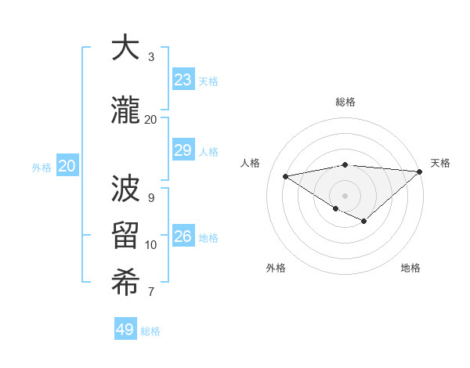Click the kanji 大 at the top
tap(125, 49)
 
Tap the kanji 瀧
tap(125, 110)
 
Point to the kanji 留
tap(125, 237)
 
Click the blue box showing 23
tap(183, 80)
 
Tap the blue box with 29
tap(183, 151)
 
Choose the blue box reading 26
tap(183, 236)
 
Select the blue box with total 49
tap(125, 330)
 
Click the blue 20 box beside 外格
tap(67, 166)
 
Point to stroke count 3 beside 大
tap(151, 57)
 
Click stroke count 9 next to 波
tap(151, 197)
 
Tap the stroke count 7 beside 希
tap(151, 293)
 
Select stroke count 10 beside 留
tap(151, 245)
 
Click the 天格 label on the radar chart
tap(440, 163)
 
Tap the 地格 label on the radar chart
tap(410, 269)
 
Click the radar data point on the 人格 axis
tap(286, 175)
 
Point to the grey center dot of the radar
tap(345, 196)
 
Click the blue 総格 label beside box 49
tap(151, 331)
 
